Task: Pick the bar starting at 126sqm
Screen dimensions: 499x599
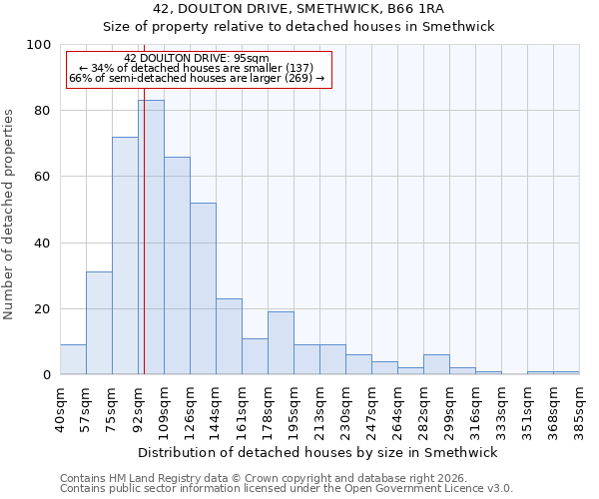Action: tap(203, 288)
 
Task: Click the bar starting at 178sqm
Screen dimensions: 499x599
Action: tap(281, 343)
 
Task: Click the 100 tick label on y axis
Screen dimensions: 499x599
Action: tap(39, 45)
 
